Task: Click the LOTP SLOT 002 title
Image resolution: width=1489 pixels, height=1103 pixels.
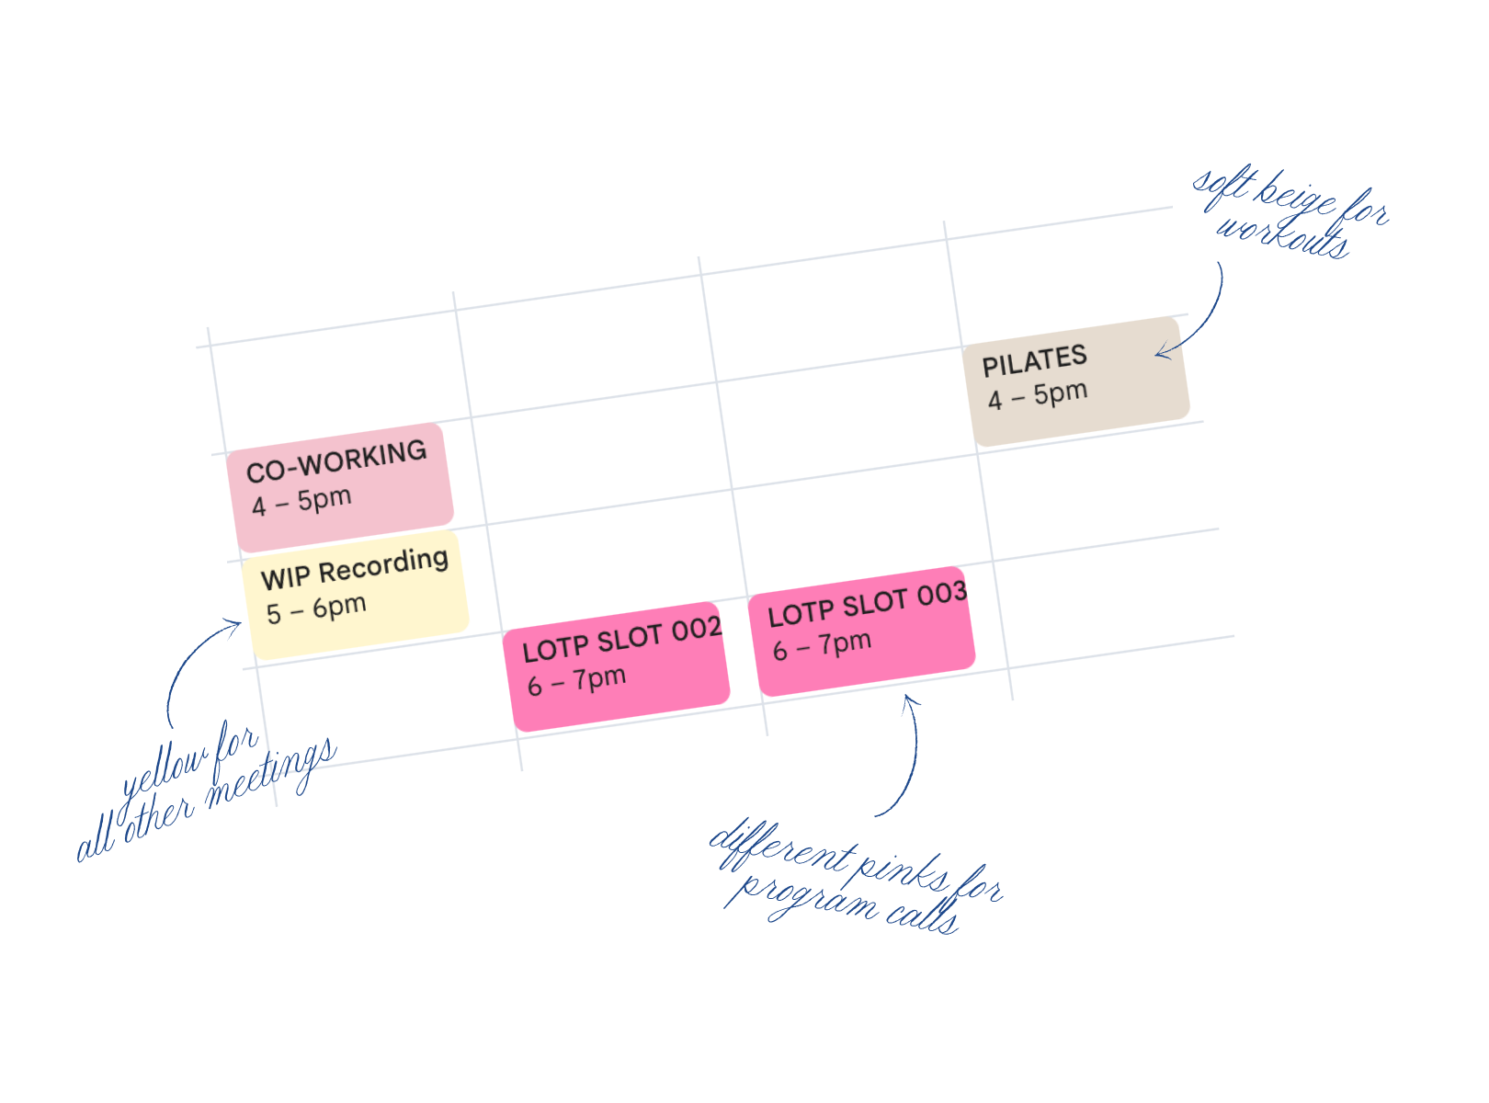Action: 622,640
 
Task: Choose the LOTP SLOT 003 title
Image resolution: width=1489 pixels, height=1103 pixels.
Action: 868,604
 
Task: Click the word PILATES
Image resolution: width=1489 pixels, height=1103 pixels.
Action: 1034,361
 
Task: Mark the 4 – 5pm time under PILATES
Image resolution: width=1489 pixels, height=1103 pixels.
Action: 1038,396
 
